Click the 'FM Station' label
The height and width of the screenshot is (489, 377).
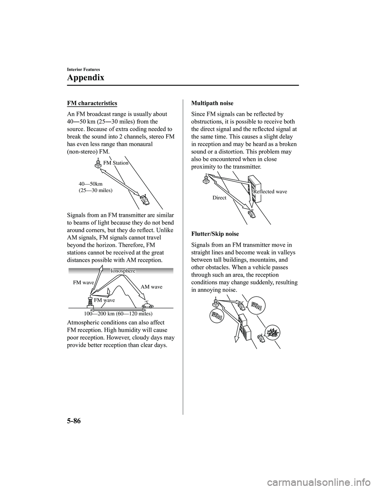tap(116, 163)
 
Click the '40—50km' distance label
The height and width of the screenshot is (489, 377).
tap(91, 183)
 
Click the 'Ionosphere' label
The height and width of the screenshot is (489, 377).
tap(123, 271)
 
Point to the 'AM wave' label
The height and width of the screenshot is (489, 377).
tap(151, 287)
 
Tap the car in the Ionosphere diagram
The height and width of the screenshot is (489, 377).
tap(147, 305)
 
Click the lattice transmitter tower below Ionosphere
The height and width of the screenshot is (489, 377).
tap(90, 301)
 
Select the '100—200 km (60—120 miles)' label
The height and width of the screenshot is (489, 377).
tap(118, 314)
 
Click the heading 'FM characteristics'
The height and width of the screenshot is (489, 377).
tap(92, 103)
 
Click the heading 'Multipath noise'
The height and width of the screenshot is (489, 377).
tap(212, 103)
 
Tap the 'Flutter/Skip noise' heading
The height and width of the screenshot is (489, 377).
tap(215, 234)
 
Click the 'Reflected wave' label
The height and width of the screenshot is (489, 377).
tap(270, 192)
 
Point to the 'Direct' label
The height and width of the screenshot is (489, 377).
tap(219, 198)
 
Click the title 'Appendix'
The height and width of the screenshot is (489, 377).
tap(86, 77)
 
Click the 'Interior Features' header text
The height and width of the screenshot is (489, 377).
tap(83, 70)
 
